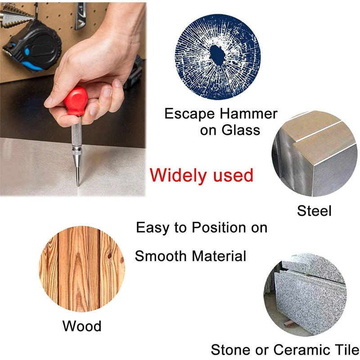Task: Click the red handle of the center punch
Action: [76, 100]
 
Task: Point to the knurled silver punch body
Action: [75, 135]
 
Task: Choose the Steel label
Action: [314, 210]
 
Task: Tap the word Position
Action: [220, 228]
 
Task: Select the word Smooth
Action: [161, 256]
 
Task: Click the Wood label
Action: [82, 326]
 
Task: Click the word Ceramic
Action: [301, 350]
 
